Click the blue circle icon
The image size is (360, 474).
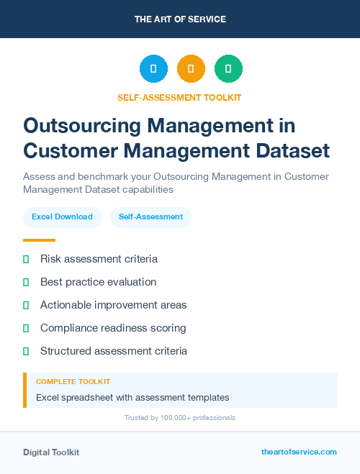coord(153,69)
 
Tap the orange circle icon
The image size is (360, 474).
coord(191,69)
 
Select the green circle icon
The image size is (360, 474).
coord(228,69)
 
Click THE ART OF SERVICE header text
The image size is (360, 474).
coord(180,19)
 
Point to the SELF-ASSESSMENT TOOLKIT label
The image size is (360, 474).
coord(180,97)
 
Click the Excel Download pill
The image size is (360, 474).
coord(62,217)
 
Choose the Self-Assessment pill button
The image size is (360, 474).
coord(150,217)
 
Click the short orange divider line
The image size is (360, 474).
coord(39,240)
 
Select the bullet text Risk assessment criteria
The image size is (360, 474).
coord(99,259)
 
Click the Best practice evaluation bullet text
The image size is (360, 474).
coord(98,282)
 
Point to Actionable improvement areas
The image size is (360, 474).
coord(113,305)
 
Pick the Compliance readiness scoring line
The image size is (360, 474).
coord(113,328)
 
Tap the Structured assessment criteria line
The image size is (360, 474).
coord(114,351)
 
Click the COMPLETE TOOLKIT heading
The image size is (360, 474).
coord(73,381)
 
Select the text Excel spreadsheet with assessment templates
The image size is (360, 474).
coord(132,397)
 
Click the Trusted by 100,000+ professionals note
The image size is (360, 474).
coord(180,417)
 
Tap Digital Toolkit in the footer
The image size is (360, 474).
coord(51,452)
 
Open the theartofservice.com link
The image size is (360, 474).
coord(299,452)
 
